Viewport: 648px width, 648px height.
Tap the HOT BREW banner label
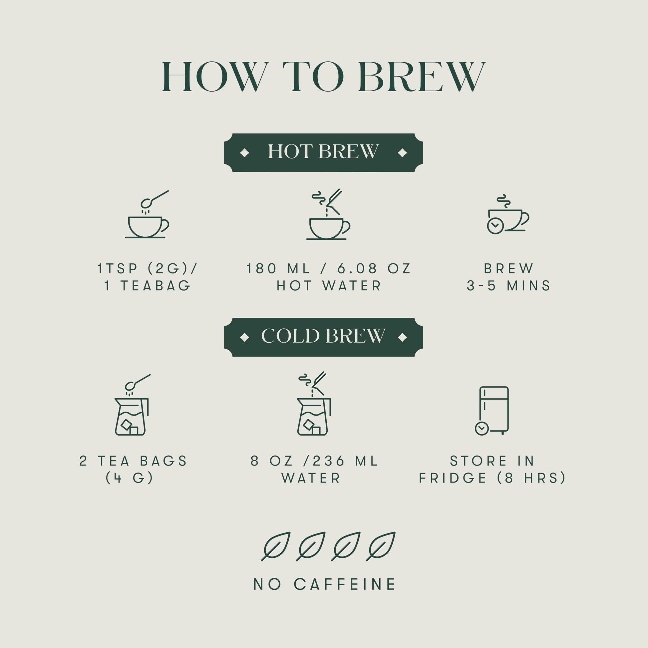323,152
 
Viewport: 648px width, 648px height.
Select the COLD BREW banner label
323,336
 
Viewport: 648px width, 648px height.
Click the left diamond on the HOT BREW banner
244,153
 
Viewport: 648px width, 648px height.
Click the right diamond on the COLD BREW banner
402,337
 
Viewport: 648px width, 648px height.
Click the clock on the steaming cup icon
495,226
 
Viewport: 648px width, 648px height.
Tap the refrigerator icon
494,410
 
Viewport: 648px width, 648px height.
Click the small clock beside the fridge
482,428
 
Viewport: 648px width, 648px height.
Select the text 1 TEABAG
148,286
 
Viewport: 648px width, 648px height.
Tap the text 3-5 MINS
508,286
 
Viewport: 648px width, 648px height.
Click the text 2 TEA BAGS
133,461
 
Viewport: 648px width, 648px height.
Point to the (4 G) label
130,478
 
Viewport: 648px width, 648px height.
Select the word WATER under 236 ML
311,478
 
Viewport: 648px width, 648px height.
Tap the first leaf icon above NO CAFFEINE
276,546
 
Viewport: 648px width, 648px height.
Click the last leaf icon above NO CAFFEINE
381,546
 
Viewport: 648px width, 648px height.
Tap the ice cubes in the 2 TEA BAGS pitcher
130,427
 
